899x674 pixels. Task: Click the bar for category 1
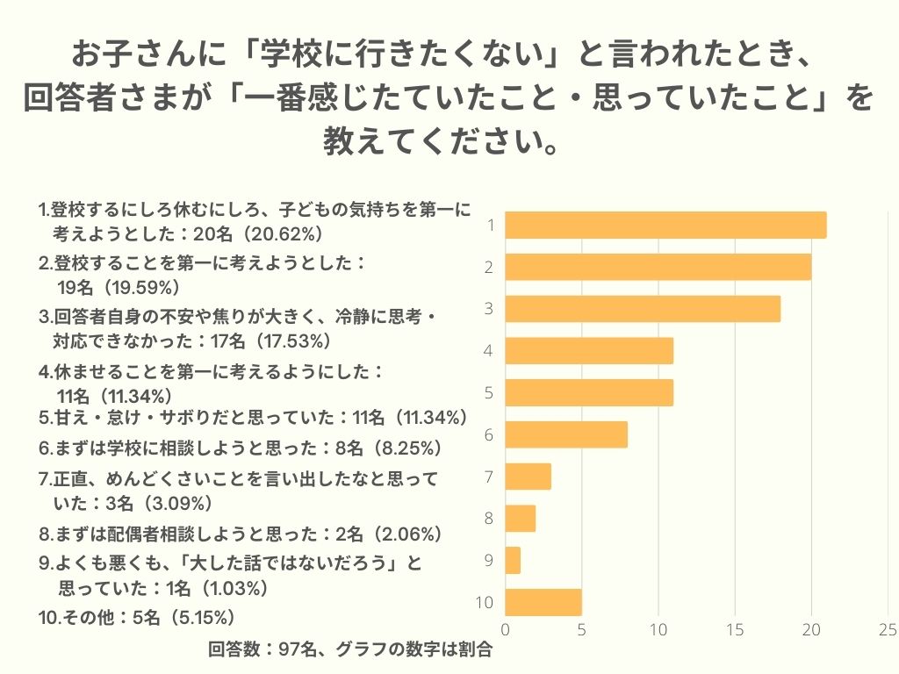[665, 226]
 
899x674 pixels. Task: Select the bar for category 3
[643, 309]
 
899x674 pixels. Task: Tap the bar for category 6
[566, 434]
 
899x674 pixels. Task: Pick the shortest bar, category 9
[513, 560]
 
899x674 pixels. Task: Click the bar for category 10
[543, 602]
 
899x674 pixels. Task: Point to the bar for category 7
[529, 477]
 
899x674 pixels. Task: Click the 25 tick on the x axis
[887, 629]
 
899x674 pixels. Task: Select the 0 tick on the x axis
[506, 629]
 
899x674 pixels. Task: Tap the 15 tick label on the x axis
[735, 629]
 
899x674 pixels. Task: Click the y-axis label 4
[490, 351]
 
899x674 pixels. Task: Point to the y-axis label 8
[490, 519]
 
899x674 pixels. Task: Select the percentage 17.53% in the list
[290, 341]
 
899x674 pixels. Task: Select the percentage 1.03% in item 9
[232, 587]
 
